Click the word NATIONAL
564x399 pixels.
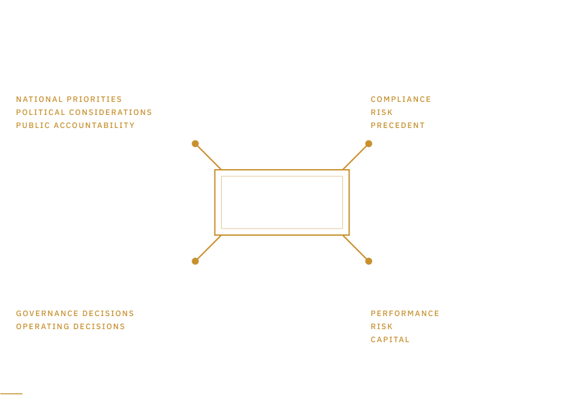39,99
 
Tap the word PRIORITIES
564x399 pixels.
95,99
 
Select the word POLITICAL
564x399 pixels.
40,112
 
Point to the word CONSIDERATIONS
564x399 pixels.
110,112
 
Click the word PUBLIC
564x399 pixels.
33,125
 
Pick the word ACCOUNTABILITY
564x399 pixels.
95,125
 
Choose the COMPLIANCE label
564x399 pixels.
401,99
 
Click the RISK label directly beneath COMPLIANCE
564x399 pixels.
381,112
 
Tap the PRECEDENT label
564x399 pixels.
398,125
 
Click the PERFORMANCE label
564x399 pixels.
405,313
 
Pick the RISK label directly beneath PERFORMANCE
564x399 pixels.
381,327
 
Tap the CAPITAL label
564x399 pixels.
391,340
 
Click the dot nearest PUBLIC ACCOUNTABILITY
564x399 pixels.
196,144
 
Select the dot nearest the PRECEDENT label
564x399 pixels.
368,144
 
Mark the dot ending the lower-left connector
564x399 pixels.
196,261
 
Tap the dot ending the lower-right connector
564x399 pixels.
368,261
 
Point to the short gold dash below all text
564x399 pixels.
11,394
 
